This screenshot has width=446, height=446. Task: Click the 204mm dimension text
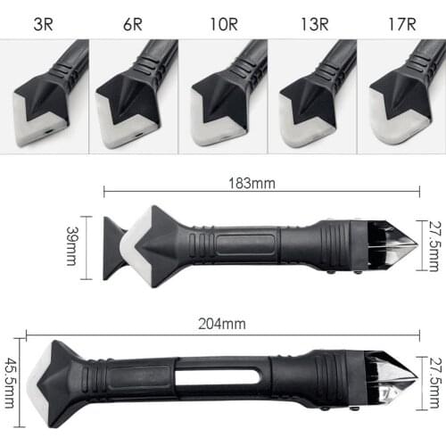tap(224, 325)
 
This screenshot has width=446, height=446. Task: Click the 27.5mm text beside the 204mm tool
tap(434, 379)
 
